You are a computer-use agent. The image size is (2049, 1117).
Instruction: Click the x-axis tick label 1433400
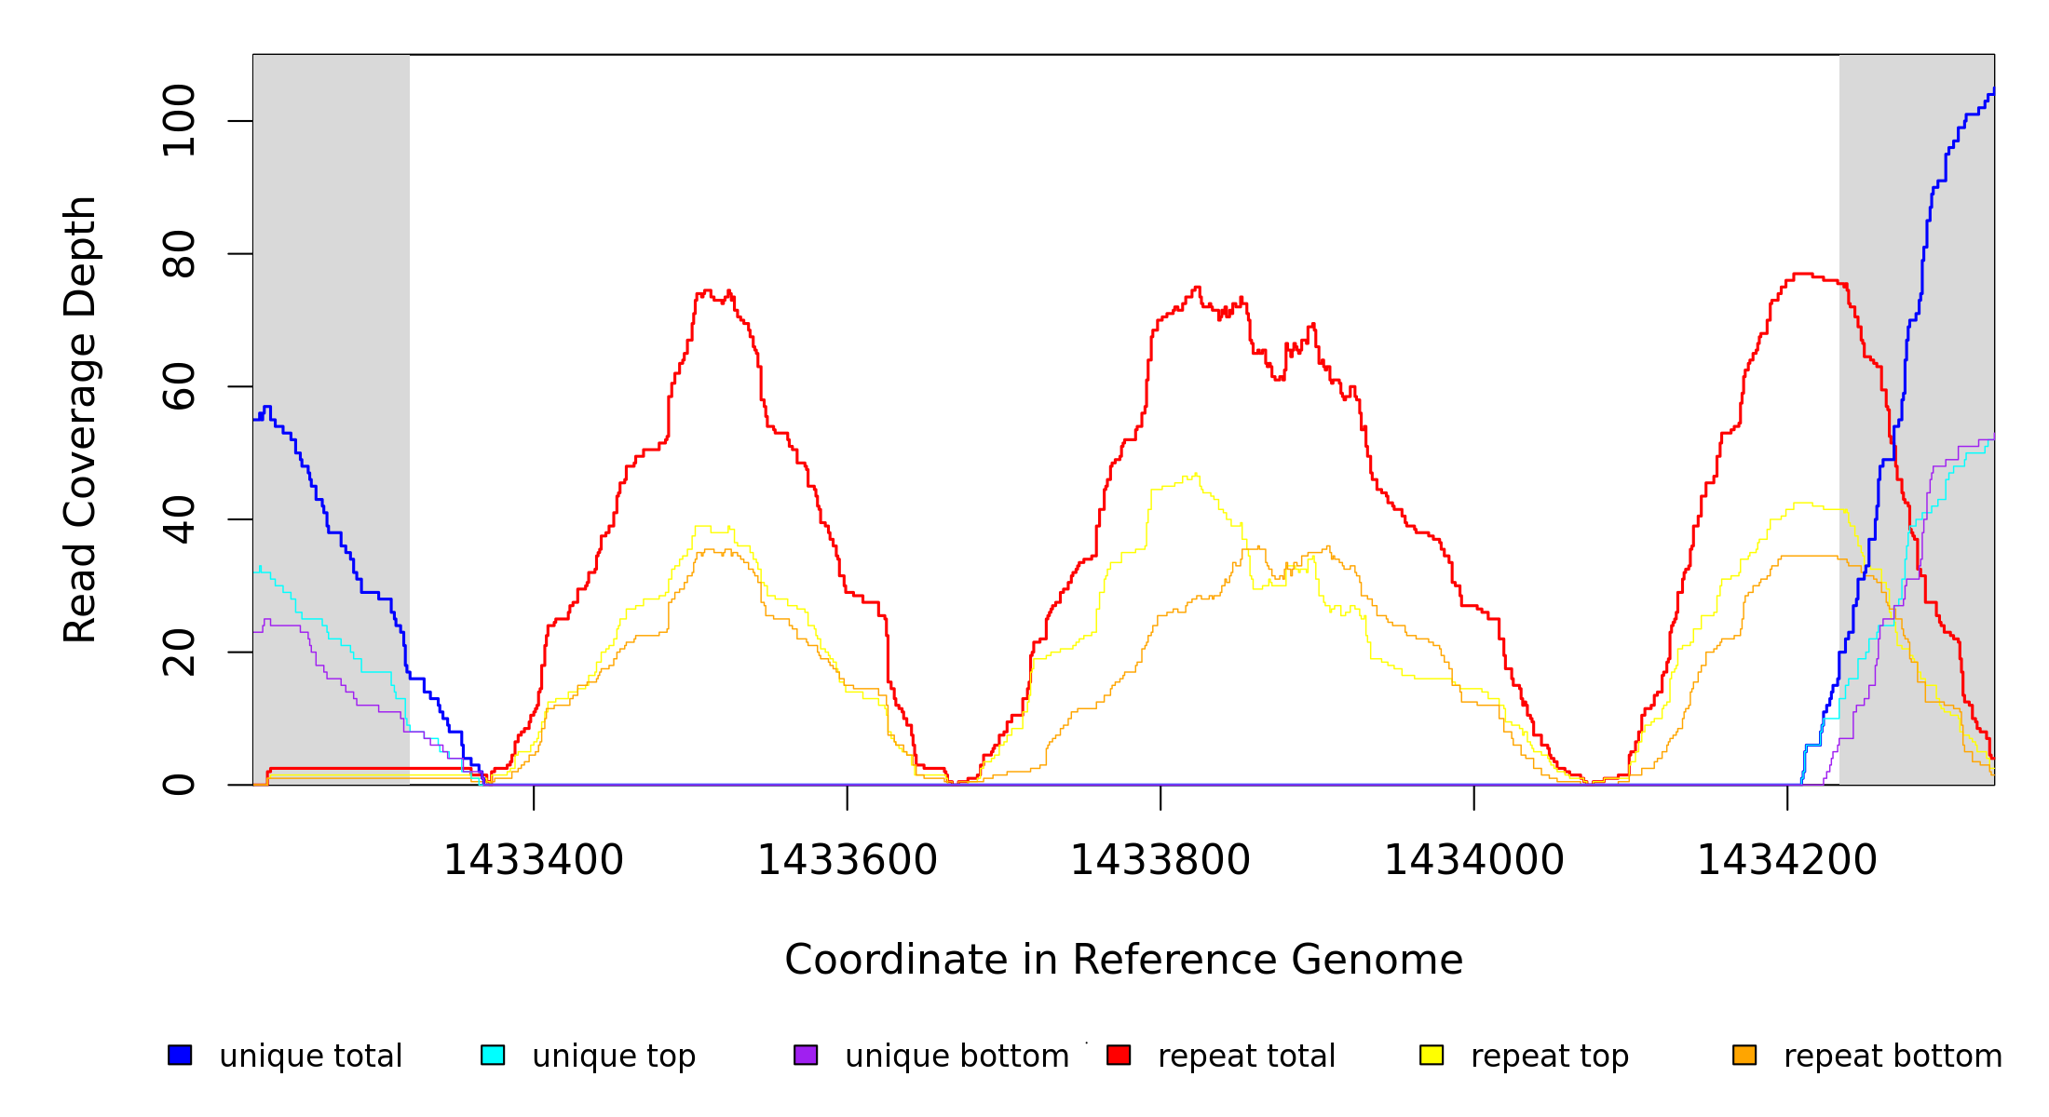(533, 861)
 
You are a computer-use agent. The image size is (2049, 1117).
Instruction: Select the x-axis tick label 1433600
(847, 861)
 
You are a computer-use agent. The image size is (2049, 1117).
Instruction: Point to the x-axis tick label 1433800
(1160, 861)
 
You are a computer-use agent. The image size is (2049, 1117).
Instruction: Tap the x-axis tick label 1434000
(1473, 861)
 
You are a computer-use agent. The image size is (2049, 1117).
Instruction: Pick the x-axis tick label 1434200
(1786, 861)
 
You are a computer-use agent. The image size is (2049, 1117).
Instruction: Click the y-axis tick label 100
(179, 121)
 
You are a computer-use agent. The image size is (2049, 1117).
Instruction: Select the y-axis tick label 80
(179, 254)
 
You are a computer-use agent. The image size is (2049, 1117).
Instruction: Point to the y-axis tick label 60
(179, 386)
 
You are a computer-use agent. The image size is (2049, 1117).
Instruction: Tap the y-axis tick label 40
(179, 519)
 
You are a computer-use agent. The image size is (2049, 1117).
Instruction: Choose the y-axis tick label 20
(179, 652)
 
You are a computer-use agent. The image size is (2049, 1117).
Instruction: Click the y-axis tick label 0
(179, 785)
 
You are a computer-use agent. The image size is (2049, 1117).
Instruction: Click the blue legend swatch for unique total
(180, 1055)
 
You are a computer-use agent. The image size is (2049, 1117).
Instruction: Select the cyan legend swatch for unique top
(493, 1055)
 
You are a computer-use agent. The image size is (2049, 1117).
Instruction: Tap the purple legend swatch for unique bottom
(806, 1055)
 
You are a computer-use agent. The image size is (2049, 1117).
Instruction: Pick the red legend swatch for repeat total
(1119, 1055)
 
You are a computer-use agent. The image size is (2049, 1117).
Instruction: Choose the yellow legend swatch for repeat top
(1432, 1055)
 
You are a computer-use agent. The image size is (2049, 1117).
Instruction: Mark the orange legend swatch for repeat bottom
(1744, 1055)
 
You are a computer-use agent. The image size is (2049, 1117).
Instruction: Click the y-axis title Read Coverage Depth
(80, 419)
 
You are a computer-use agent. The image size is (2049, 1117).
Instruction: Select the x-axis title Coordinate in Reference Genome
(1123, 960)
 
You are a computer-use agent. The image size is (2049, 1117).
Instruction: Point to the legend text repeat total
(1246, 1056)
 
